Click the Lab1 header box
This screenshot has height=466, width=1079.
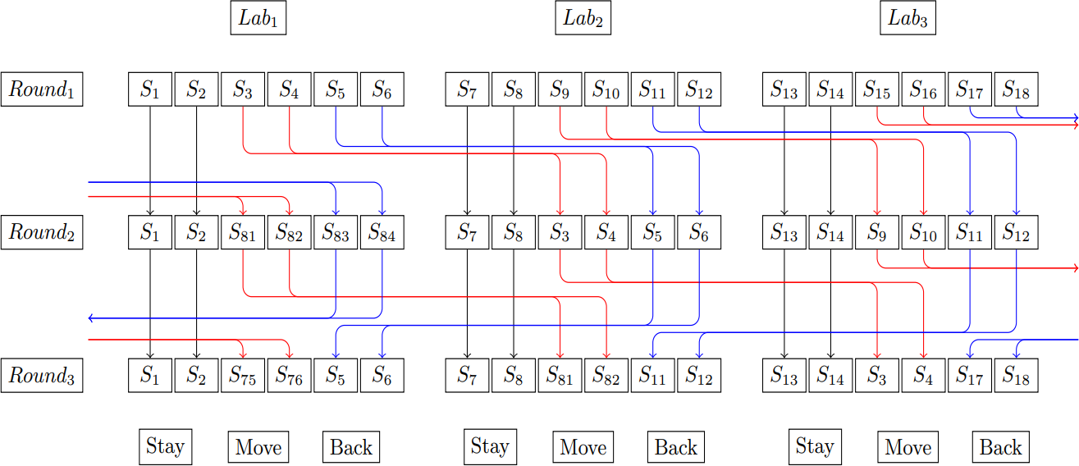click(x=258, y=19)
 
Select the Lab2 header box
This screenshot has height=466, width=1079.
click(x=583, y=19)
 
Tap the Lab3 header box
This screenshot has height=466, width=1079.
click(x=908, y=19)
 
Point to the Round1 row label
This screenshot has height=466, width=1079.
click(x=42, y=89)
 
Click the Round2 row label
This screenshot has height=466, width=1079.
click(x=42, y=232)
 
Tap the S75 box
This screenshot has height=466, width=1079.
click(x=243, y=377)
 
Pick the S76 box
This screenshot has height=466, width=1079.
click(x=290, y=377)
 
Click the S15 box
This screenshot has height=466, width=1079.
click(x=877, y=89)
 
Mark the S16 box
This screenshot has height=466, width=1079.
click(x=924, y=89)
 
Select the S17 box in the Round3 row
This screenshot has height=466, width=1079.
click(x=970, y=377)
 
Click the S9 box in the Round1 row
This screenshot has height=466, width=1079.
click(x=560, y=89)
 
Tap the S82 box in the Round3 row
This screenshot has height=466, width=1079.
click(x=606, y=377)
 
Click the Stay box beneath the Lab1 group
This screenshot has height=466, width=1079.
click(x=165, y=447)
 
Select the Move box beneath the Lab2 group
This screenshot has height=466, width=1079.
click(x=583, y=448)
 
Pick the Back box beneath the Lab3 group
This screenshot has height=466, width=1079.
click(x=1001, y=448)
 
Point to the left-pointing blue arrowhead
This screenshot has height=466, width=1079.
click(x=90, y=318)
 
